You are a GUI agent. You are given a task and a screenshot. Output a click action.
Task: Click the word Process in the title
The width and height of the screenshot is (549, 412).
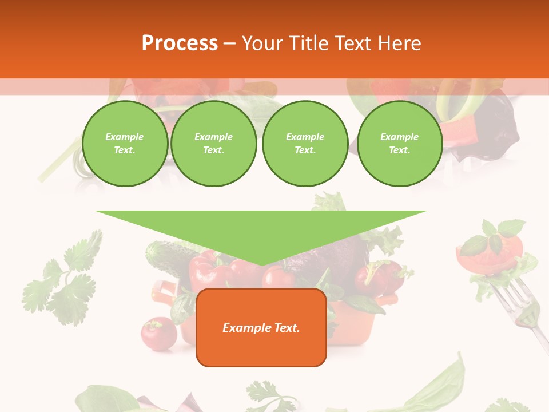(180, 43)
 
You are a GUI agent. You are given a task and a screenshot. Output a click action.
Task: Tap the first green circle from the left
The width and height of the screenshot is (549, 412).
(125, 144)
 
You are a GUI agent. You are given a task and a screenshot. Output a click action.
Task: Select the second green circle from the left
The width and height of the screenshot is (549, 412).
(214, 144)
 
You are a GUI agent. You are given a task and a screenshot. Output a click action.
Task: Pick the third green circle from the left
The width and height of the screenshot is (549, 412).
(305, 144)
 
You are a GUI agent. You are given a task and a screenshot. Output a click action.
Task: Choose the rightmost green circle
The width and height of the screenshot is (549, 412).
(399, 144)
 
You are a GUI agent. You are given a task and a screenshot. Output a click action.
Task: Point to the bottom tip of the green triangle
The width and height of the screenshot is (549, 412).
(261, 264)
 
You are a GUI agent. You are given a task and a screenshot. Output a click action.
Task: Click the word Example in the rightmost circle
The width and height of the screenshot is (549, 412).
(399, 137)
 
